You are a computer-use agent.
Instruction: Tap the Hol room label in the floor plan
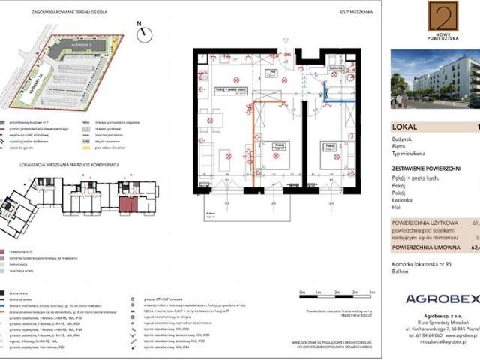274,73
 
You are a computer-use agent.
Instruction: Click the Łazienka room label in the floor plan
335,65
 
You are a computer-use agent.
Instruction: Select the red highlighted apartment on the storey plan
128,205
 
